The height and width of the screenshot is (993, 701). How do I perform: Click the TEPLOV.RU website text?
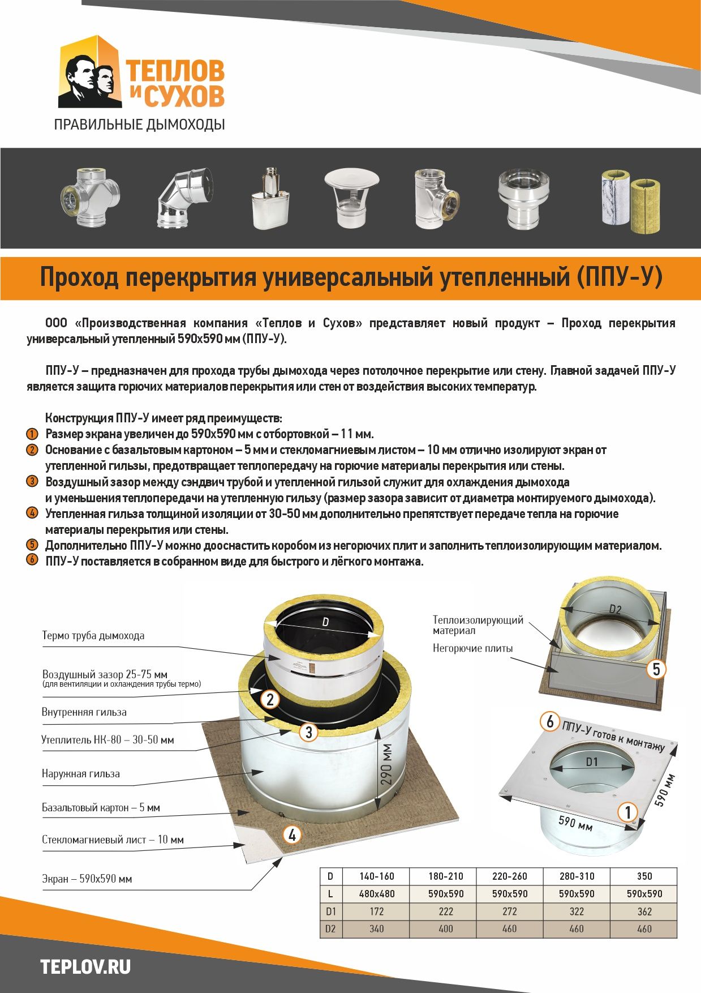[85, 966]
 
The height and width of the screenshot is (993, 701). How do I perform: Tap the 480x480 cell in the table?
[377, 894]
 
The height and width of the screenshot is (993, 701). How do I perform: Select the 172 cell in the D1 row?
[377, 911]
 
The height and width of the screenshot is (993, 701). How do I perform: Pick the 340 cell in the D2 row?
[377, 929]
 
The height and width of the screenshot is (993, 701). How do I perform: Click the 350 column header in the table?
[644, 876]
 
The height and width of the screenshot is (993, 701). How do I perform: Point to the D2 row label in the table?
[331, 929]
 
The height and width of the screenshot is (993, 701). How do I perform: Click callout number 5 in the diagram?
[656, 670]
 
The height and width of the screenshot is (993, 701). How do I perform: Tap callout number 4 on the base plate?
[292, 834]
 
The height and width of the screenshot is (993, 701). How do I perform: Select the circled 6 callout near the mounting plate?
[550, 721]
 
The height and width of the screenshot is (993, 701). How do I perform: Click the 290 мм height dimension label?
[387, 764]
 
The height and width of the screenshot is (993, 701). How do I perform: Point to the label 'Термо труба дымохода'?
[93, 636]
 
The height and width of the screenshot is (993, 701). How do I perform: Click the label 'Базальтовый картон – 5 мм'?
[101, 808]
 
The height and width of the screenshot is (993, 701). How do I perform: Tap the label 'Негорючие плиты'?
[473, 648]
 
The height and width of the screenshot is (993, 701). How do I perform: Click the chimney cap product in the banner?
[351, 198]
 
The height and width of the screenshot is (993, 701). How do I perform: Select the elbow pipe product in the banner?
[186, 198]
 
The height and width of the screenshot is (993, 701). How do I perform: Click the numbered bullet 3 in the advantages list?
[32, 482]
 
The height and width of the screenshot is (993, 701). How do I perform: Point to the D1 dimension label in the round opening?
[592, 762]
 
